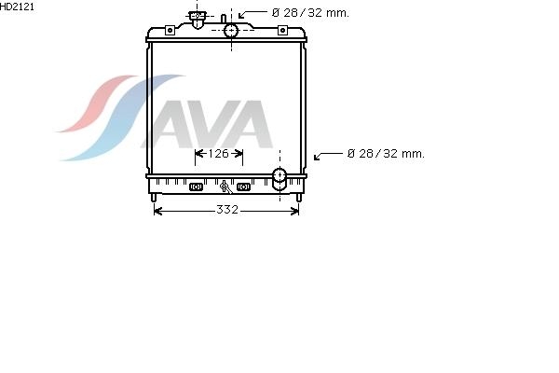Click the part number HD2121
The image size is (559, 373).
tap(17, 7)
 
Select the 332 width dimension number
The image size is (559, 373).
tap(227, 209)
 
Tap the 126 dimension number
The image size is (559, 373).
tap(218, 154)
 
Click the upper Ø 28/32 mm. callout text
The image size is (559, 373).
tap(310, 13)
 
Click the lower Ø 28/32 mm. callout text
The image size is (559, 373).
tap(386, 154)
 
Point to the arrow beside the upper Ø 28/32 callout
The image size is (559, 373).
tap(252, 13)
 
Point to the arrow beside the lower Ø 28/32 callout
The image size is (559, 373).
tap(328, 156)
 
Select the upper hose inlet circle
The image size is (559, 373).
tap(231, 31)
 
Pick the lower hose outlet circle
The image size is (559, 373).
tap(279, 175)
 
